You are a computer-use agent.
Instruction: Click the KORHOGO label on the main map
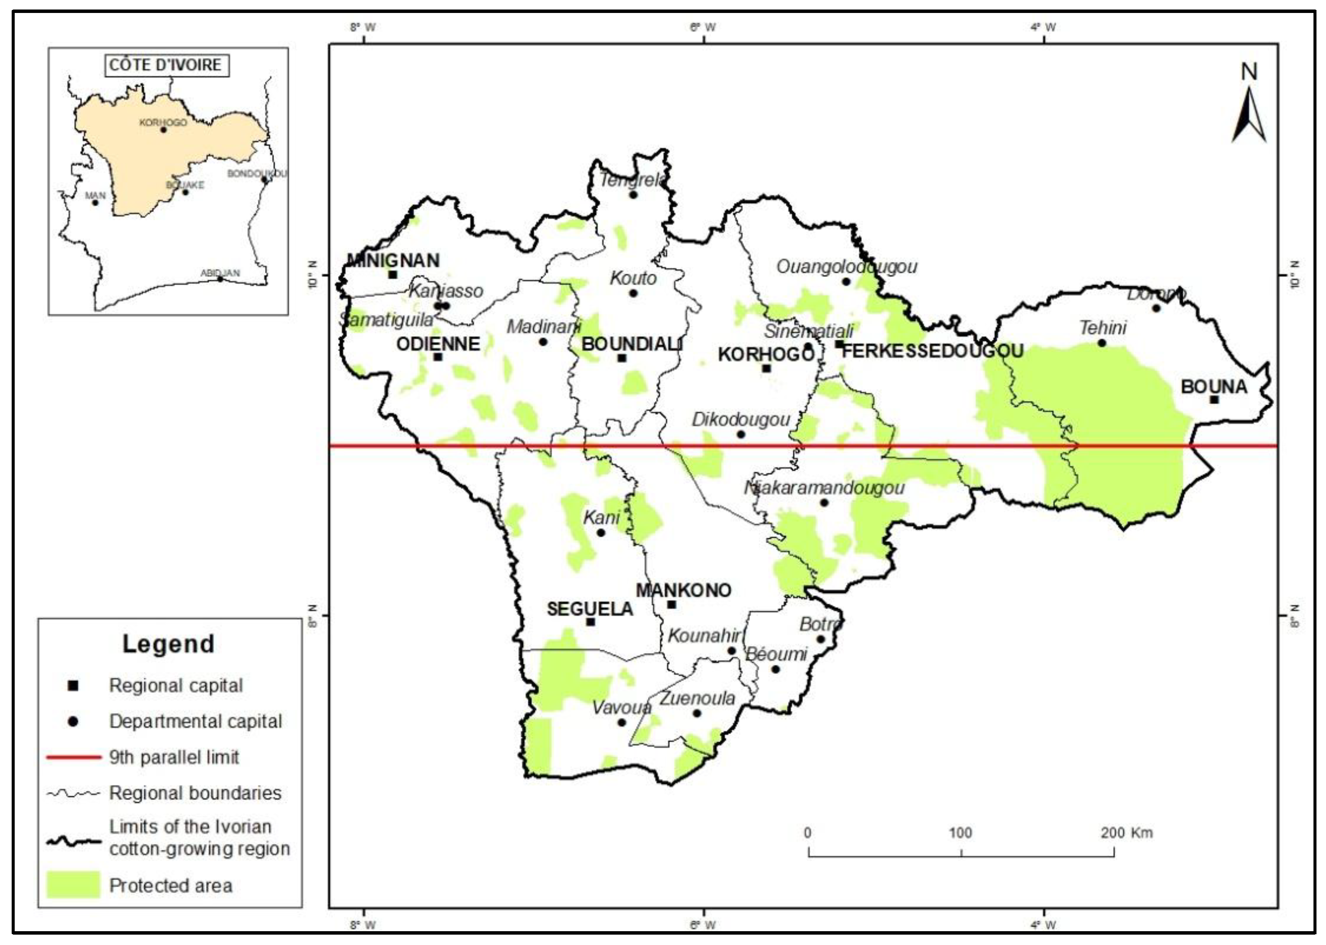tap(765, 354)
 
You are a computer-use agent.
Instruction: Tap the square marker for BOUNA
tap(1214, 399)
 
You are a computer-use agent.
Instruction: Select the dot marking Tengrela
tap(633, 194)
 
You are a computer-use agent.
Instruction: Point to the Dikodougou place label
tap(740, 420)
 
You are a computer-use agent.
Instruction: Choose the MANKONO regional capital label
tap(683, 591)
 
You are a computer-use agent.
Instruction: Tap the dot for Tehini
tap(1102, 343)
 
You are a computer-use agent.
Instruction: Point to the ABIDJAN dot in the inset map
tap(220, 279)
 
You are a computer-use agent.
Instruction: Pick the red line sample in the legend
tap(73, 757)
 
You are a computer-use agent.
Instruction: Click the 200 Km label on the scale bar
tap(1126, 833)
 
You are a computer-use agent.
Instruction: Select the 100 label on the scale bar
tap(960, 833)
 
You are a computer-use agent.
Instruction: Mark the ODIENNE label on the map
tap(438, 344)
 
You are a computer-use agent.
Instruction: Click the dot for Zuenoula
tap(697, 713)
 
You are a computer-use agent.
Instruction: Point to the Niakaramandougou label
tap(824, 488)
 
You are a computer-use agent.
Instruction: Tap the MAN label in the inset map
tap(96, 195)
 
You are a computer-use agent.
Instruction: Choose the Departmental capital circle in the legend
tap(73, 722)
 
